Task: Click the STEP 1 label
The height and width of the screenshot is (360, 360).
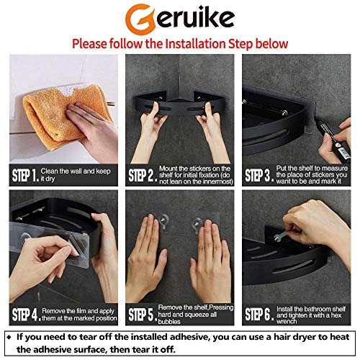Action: [x=25, y=175]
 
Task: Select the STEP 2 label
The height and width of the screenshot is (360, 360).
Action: [x=141, y=175]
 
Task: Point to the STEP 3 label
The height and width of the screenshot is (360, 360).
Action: [x=258, y=175]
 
